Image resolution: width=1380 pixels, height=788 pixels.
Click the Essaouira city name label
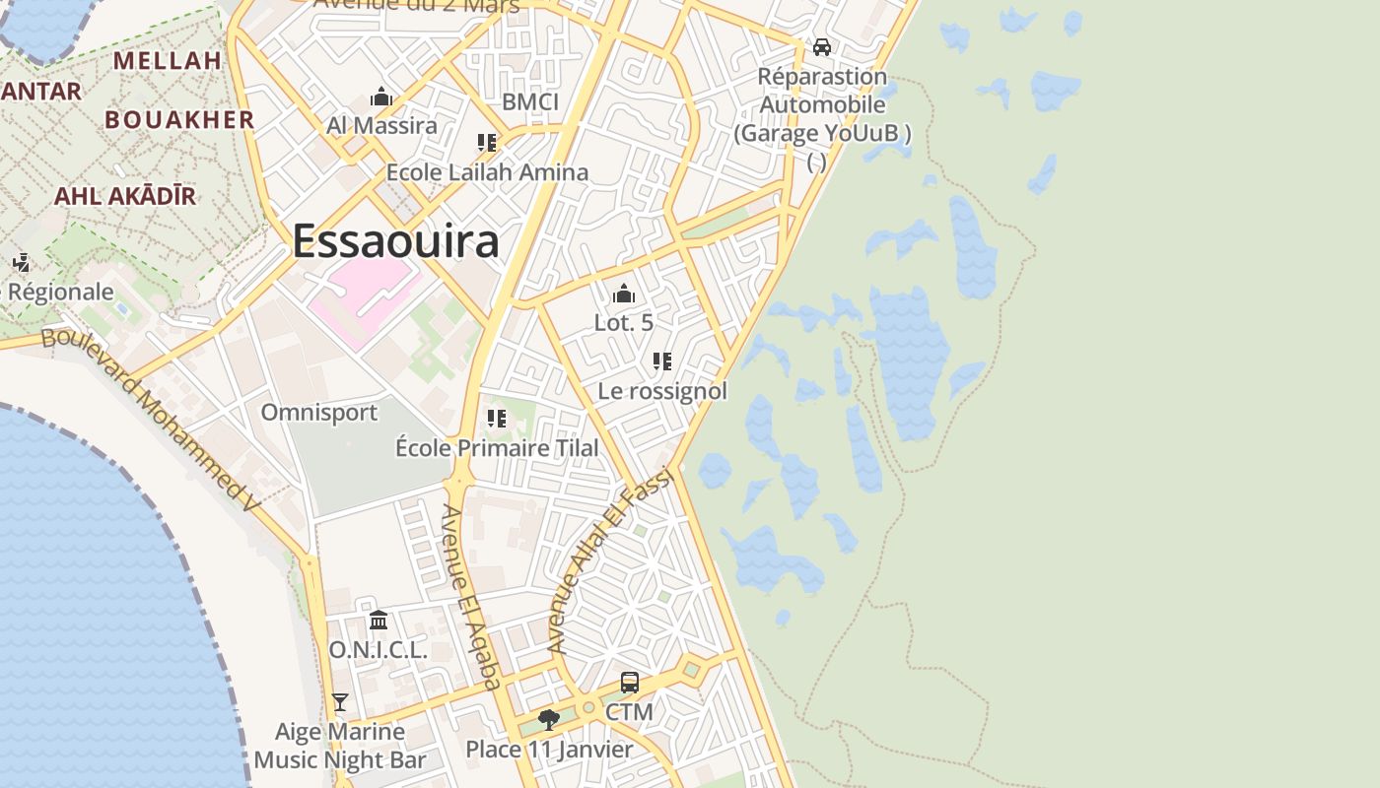pyautogui.click(x=395, y=241)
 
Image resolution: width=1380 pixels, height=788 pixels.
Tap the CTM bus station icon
pyautogui.click(x=629, y=682)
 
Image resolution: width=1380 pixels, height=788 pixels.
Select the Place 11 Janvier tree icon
pyautogui.click(x=549, y=720)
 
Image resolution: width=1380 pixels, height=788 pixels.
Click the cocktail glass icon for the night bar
pyautogui.click(x=340, y=701)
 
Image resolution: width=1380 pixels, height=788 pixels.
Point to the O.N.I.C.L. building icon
pyautogui.click(x=379, y=620)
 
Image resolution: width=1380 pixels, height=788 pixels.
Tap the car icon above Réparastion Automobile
pyautogui.click(x=821, y=46)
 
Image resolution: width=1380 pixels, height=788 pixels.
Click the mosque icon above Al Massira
pyautogui.click(x=381, y=97)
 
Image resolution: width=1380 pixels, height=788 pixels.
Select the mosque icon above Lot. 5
pyautogui.click(x=623, y=294)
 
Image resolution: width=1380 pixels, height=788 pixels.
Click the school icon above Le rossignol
pyautogui.click(x=662, y=361)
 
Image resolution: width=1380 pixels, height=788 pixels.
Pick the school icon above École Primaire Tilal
pyautogui.click(x=497, y=419)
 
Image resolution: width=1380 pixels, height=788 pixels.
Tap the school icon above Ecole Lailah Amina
pyautogui.click(x=486, y=143)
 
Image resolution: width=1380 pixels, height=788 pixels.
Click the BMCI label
pyautogui.click(x=530, y=101)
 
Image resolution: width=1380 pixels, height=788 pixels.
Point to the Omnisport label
pyautogui.click(x=318, y=412)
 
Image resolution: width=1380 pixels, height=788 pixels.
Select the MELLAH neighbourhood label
pyautogui.click(x=168, y=60)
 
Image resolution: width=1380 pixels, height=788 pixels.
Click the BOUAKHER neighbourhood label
pyautogui.click(x=179, y=119)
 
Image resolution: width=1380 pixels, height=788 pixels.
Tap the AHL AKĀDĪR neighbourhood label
pyautogui.click(x=125, y=195)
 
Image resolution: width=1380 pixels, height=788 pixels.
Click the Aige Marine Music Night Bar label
pyautogui.click(x=340, y=746)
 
